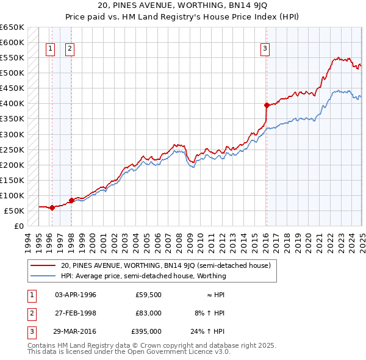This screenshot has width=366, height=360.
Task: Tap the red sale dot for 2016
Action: pyautogui.click(x=267, y=105)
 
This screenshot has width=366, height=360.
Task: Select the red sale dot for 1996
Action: pyautogui.click(x=52, y=207)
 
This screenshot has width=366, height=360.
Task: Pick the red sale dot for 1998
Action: pyautogui.click(x=71, y=200)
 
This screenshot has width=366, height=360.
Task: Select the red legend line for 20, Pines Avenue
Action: pyautogui.click(x=43, y=265)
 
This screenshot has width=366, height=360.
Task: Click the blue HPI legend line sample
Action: pyautogui.click(x=43, y=276)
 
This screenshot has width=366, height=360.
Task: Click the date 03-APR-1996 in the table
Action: pyautogui.click(x=76, y=294)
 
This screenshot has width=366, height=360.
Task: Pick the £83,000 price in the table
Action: pyautogui.click(x=148, y=313)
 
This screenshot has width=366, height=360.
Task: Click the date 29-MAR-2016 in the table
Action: pyautogui.click(x=76, y=332)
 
